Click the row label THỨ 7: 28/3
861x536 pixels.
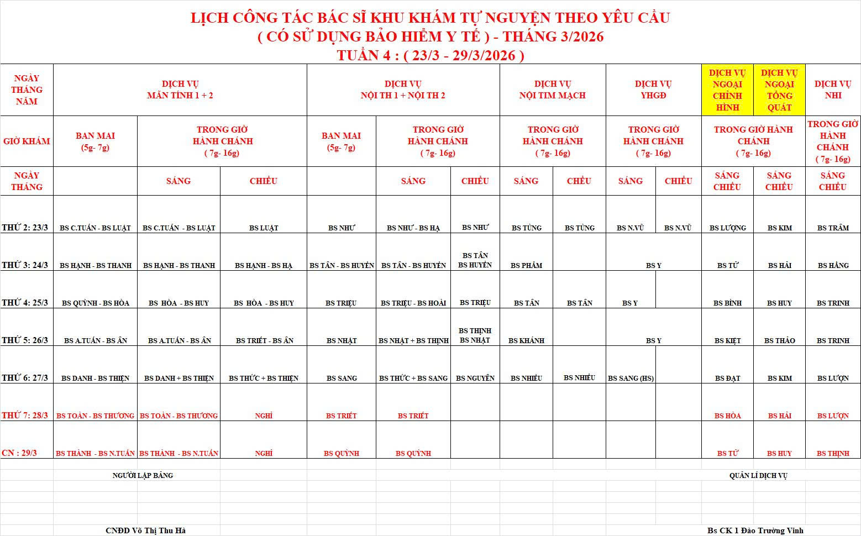(25, 415)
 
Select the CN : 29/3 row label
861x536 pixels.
(19, 453)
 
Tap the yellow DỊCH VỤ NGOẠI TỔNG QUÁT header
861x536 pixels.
(779, 90)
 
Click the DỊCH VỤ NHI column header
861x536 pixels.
(833, 90)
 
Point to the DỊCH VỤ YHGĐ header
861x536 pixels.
(653, 90)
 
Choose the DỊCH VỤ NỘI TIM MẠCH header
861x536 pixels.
(553, 90)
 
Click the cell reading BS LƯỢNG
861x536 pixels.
(728, 228)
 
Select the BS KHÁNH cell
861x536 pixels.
(526, 340)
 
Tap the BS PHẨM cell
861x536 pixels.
(526, 265)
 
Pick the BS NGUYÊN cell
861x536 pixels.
(475, 378)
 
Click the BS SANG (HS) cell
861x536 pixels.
(631, 378)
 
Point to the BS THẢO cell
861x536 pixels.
(779, 340)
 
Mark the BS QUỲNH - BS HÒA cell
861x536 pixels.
(96, 303)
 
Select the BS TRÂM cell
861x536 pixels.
(833, 228)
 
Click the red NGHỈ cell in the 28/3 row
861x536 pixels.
(264, 416)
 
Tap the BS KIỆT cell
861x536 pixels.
(728, 340)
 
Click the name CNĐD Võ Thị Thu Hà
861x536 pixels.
(145, 530)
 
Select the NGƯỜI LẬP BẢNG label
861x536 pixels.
(143, 475)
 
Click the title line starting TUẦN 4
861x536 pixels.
(431, 55)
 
